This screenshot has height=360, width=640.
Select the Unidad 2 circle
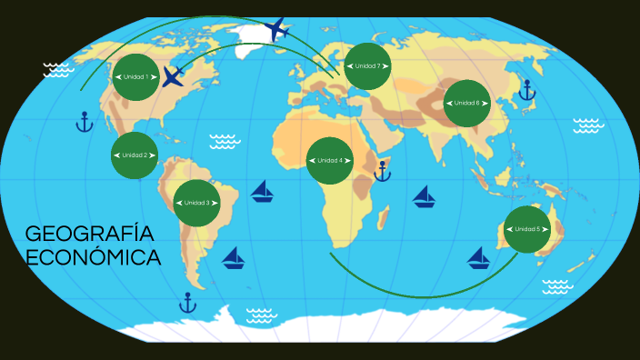pos(135,155)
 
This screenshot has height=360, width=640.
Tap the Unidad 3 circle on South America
pos(196,203)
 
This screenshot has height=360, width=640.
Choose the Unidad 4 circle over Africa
pos(330,161)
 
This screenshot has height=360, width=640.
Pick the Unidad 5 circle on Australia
pos(526,229)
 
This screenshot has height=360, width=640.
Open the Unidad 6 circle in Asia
pos(466,103)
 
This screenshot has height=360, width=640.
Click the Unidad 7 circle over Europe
pos(367,66)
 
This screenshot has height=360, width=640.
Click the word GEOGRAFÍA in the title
pos(89,234)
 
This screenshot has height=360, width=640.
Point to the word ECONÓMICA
pos(94,258)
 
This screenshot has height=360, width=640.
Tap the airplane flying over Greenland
pos(277,29)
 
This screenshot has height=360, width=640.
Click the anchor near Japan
pos(525,89)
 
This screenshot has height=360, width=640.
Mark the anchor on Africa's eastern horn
pos(383,170)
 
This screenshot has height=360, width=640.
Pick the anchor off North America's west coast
pos(85,122)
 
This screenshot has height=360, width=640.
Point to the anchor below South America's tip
pos(188,302)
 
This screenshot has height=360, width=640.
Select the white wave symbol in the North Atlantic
pos(224,141)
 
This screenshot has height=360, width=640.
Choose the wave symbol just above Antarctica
pos(261,315)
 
